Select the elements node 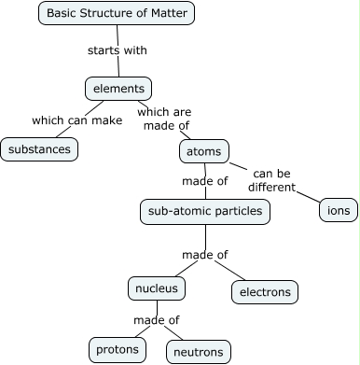coord(118,89)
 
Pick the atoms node coord(203,150)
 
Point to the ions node coord(338,210)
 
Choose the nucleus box coord(157,288)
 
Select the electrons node coord(265,291)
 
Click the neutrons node coord(198,352)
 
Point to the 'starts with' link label coord(118,50)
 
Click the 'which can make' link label coord(76,119)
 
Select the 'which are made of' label coord(164,119)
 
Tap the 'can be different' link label coord(271,179)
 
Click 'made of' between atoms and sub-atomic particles coord(205,180)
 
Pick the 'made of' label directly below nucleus coord(156,320)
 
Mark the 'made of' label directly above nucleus coord(205,254)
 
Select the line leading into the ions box coord(310,197)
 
